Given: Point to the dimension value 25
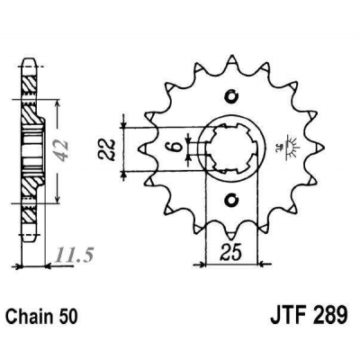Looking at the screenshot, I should tap(230, 252).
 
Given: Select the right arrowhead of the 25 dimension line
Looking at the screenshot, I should tap(258, 264).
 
